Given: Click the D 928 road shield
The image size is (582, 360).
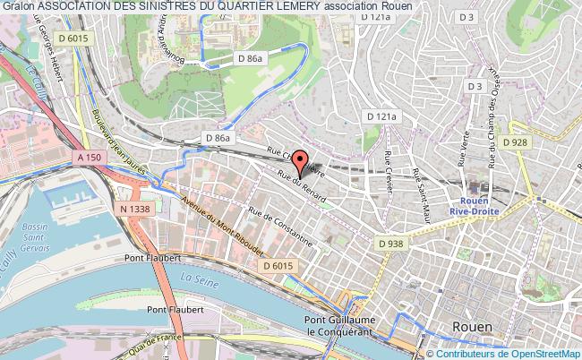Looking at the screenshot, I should [x=514, y=141].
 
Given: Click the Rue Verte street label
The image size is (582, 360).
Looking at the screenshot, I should [x=462, y=164].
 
